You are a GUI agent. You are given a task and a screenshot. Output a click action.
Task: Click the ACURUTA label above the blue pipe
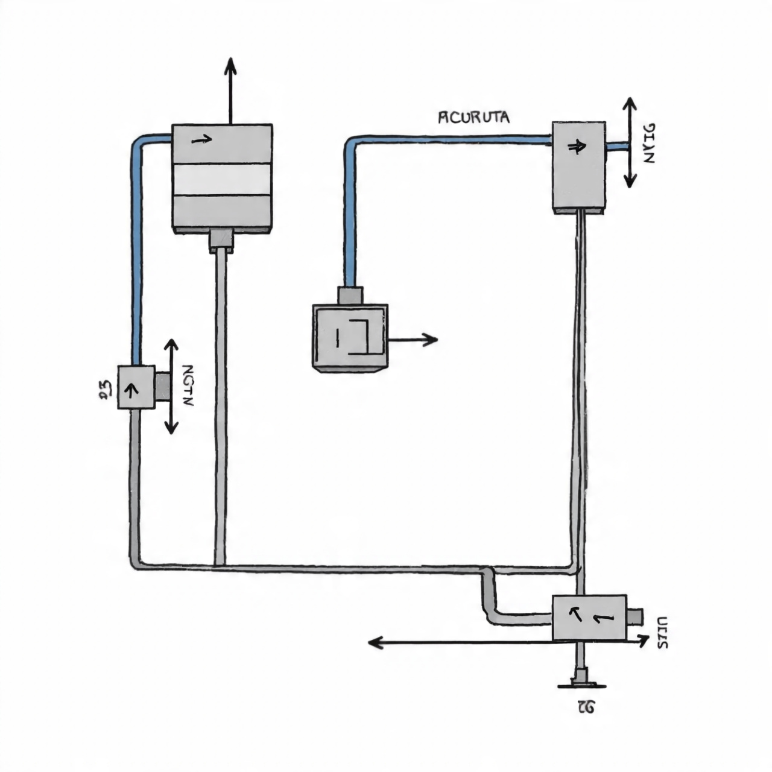point(473,117)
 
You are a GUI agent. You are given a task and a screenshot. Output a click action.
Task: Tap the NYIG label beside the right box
point(648,143)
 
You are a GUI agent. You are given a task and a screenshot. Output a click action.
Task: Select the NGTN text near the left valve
point(187,386)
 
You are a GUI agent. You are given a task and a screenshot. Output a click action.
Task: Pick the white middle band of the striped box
point(222,179)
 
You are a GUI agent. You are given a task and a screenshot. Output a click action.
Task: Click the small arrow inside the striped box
point(201,140)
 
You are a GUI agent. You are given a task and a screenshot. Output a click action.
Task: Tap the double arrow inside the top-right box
point(576,146)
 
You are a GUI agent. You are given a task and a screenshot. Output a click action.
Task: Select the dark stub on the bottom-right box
point(634,618)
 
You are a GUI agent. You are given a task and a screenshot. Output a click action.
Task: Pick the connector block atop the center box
point(350,296)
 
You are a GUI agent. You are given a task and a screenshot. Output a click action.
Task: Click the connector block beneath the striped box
point(221,239)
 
